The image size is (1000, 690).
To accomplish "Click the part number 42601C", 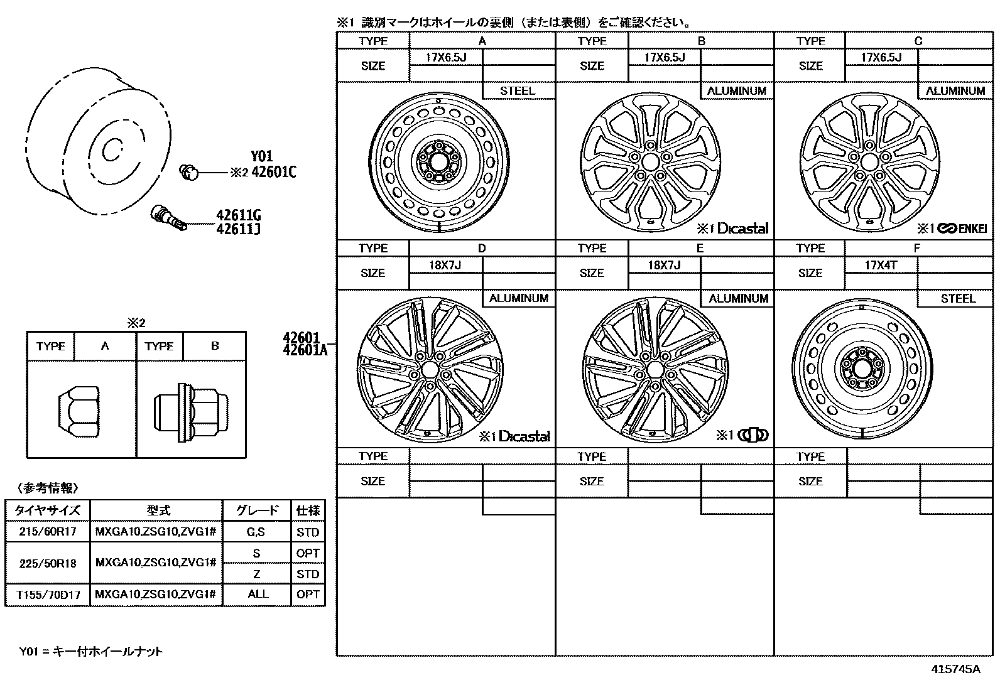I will pyautogui.click(x=273, y=173).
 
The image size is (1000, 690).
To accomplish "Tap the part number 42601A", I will pyautogui.click(x=305, y=350).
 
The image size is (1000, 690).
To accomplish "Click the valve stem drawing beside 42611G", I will pyautogui.click(x=168, y=217).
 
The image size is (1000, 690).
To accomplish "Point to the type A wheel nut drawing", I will pyautogui.click(x=80, y=412).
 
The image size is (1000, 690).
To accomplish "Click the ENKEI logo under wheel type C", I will pyautogui.click(x=962, y=229).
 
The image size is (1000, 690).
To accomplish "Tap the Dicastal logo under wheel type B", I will pyautogui.click(x=742, y=229).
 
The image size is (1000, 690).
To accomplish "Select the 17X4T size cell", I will pyautogui.click(x=880, y=265).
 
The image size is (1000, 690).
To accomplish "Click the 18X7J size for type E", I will pyautogui.click(x=664, y=265).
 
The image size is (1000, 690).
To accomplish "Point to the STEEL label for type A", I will pyautogui.click(x=518, y=91).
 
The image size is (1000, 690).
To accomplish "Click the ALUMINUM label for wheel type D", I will pyautogui.click(x=518, y=298).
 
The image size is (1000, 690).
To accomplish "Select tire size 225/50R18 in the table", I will pyautogui.click(x=48, y=563).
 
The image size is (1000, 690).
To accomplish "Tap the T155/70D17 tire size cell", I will pyautogui.click(x=48, y=595).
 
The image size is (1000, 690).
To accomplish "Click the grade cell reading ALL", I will pyautogui.click(x=258, y=594).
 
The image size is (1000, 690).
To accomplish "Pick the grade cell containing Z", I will pyautogui.click(x=256, y=574).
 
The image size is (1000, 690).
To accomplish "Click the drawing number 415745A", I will pyautogui.click(x=955, y=669).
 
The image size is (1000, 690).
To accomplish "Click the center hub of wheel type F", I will pyautogui.click(x=862, y=371).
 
